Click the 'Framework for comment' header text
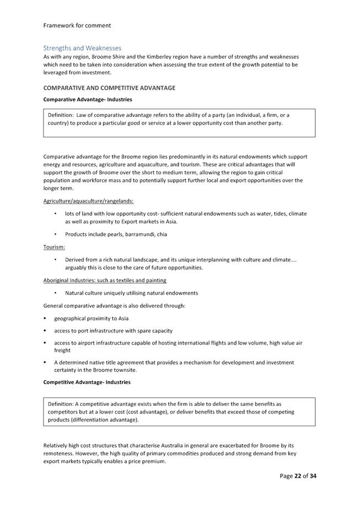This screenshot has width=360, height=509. (x=77, y=25)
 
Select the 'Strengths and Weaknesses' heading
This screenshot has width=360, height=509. (x=82, y=48)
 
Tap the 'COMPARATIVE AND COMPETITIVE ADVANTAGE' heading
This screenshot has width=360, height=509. (x=109, y=88)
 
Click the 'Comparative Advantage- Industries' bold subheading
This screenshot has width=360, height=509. (x=88, y=100)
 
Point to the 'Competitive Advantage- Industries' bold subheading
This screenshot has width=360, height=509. (x=87, y=382)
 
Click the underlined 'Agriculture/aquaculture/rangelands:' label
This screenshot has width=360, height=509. (x=88, y=201)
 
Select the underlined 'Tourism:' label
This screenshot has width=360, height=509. (x=54, y=247)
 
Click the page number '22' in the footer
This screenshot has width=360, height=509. (x=298, y=476)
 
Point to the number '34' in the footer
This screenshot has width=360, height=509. (x=313, y=476)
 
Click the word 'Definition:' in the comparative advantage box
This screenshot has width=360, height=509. (x=65, y=115)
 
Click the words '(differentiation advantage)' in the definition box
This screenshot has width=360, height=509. (x=104, y=420)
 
